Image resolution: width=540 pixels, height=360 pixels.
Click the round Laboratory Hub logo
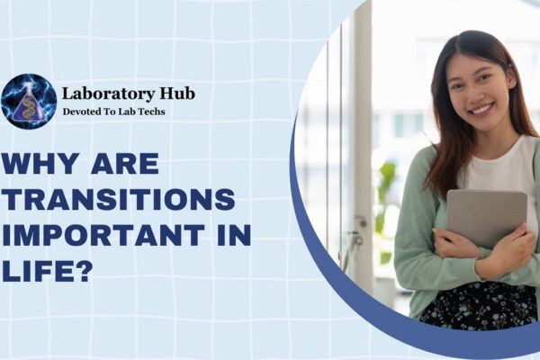pyautogui.click(x=29, y=101)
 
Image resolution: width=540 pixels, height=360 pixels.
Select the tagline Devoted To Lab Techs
pyautogui.click(x=113, y=112)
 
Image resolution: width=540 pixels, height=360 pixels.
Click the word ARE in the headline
pyautogui.click(x=124, y=165)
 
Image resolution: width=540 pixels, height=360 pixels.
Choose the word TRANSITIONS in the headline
pyautogui.click(x=118, y=201)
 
